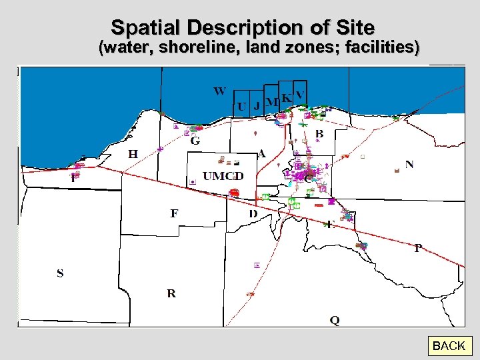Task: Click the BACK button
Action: pos(449,346)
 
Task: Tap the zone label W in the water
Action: pos(219,91)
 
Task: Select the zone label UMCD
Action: pos(223,176)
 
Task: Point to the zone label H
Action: pos(133,154)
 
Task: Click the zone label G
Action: pos(195,141)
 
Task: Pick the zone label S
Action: pos(60,273)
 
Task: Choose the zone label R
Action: pos(171,293)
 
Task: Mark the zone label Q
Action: pos(335,320)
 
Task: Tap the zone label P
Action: pos(418,248)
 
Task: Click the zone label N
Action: pos(409,164)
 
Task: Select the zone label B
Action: pos(319,134)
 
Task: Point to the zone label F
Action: pos(174,213)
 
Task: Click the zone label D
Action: pos(253,213)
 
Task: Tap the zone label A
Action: pos(262,153)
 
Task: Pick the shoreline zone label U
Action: pos(242,107)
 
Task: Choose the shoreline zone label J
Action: pos(257,107)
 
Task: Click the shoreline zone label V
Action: pos(300,94)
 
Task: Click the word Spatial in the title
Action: pos(147,28)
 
